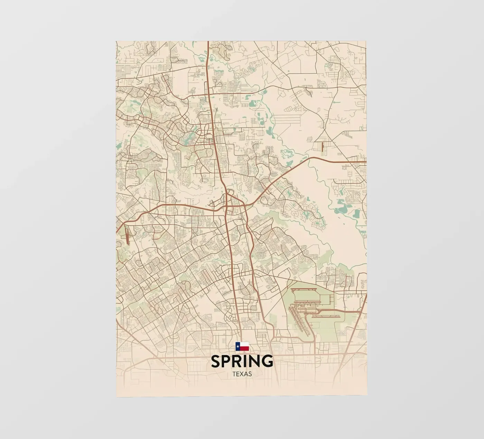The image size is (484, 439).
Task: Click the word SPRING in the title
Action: point(242,361)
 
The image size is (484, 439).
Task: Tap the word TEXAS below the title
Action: point(242,374)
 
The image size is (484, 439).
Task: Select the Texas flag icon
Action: point(242,346)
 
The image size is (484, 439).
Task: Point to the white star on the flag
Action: point(238,346)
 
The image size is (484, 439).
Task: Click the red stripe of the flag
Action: point(244,348)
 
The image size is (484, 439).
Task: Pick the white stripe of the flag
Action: point(244,344)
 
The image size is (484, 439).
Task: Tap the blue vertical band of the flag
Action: point(238,346)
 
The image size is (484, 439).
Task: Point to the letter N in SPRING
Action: point(254,361)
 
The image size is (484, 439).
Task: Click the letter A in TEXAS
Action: point(246,374)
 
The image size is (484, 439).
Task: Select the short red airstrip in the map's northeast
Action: point(322,147)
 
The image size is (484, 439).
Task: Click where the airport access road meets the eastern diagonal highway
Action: point(360,311)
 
